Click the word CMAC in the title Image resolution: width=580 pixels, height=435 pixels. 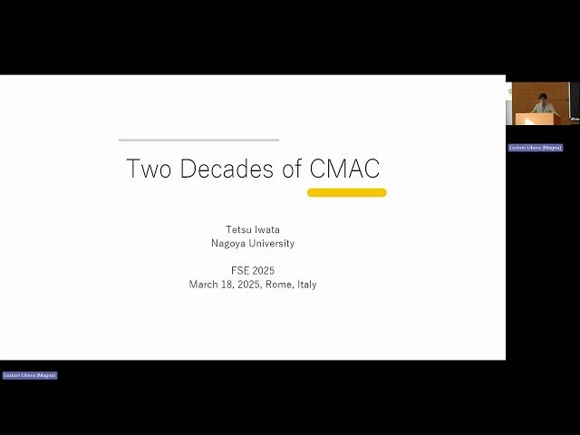coord(344,169)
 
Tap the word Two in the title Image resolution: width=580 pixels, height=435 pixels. coord(148,169)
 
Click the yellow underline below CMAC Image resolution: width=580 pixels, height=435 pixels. coord(347,192)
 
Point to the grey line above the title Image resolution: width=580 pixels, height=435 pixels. coord(198,140)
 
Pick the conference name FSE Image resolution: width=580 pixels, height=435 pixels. coord(240,271)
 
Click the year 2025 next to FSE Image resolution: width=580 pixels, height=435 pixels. coord(264,271)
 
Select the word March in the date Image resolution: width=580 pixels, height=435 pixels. coord(204,285)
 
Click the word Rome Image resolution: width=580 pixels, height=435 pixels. coord(278,285)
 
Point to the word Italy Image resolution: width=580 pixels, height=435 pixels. coord(306,285)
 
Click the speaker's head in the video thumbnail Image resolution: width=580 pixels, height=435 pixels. coord(543,97)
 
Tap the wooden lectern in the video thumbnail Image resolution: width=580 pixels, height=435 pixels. coord(537,119)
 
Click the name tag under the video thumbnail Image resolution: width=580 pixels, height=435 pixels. coord(536,148)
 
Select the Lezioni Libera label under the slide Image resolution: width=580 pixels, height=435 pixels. coord(29,375)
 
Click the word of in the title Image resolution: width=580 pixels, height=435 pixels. coord(292,169)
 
